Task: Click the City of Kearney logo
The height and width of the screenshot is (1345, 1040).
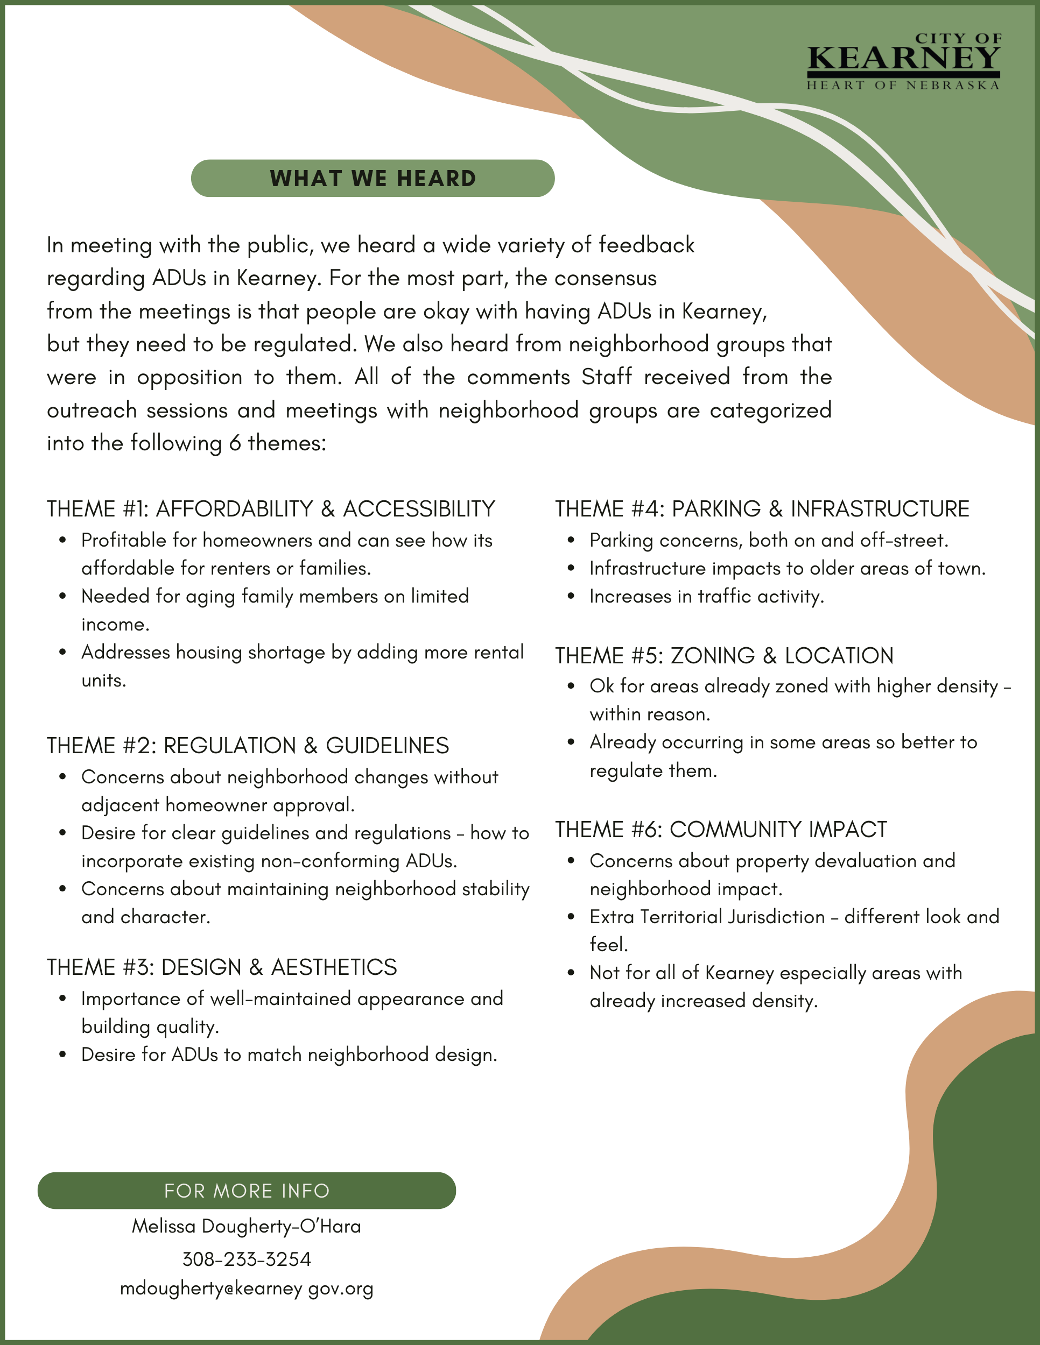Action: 903,61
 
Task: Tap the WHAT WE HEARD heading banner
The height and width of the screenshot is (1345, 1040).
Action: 373,179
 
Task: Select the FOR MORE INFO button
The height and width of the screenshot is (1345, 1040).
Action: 247,1191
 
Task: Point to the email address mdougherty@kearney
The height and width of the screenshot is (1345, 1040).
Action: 247,1289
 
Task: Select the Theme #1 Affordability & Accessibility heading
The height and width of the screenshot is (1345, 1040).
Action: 271,509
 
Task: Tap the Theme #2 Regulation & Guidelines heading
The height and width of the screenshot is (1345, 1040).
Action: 248,745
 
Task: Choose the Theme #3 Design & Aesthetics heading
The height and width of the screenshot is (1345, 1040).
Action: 222,967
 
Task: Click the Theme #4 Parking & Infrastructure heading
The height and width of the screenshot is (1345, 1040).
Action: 762,509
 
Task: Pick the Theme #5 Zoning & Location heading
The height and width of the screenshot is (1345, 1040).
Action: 724,655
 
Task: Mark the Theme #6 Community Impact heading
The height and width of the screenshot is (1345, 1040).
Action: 721,830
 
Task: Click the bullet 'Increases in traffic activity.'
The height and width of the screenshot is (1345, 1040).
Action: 707,596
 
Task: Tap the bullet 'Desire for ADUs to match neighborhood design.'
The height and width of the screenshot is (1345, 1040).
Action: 289,1054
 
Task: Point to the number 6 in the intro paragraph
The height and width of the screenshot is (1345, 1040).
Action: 235,443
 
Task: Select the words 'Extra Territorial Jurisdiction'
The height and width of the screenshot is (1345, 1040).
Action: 707,916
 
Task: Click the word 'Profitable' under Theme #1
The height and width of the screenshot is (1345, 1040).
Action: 124,540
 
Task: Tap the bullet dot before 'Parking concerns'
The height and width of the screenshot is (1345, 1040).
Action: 571,540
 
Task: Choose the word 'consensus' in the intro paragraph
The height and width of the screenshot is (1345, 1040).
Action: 605,278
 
